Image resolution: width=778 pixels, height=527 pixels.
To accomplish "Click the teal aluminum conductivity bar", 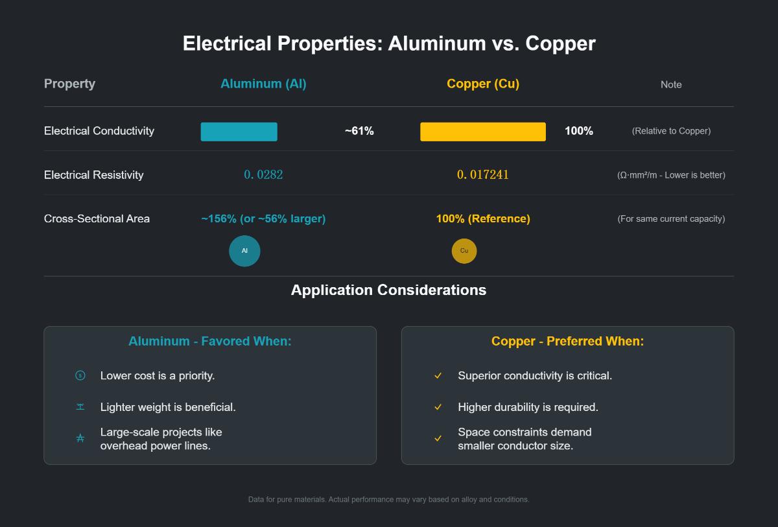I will coord(239,132).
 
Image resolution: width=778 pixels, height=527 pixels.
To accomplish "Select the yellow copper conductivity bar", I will coord(482,132).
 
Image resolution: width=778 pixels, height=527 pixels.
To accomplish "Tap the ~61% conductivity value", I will coord(359,131).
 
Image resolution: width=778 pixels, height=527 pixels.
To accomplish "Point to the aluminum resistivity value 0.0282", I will coord(263,174).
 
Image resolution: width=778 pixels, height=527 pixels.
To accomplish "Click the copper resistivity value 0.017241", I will coord(483,174).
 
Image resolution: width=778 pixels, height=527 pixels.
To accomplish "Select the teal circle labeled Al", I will coord(244,251).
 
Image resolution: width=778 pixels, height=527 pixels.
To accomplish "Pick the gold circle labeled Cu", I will coord(464,251).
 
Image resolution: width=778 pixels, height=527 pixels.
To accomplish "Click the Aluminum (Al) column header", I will coord(263,84).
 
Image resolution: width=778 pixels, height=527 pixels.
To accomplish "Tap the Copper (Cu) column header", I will coord(483,84).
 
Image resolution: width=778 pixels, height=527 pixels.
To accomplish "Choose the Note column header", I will coord(671,84).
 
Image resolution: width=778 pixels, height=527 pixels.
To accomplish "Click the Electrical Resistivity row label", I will coord(94,175).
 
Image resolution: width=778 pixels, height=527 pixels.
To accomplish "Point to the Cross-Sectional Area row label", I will coord(97,218).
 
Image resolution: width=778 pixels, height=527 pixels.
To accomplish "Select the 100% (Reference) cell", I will coord(483,218).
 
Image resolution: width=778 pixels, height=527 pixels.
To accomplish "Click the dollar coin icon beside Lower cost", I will coord(80,375).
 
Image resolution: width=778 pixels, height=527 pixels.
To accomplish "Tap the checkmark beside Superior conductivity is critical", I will coord(438,376).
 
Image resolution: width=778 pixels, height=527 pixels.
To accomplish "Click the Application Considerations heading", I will coord(388,290).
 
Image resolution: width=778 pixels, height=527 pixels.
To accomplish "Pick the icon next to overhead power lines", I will coord(80,439).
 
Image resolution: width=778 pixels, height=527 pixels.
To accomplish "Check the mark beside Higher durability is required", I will coord(438,407).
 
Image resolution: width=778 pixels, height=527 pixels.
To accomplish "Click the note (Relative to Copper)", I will coord(671,131).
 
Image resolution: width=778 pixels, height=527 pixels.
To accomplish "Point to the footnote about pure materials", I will coord(388,499).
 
